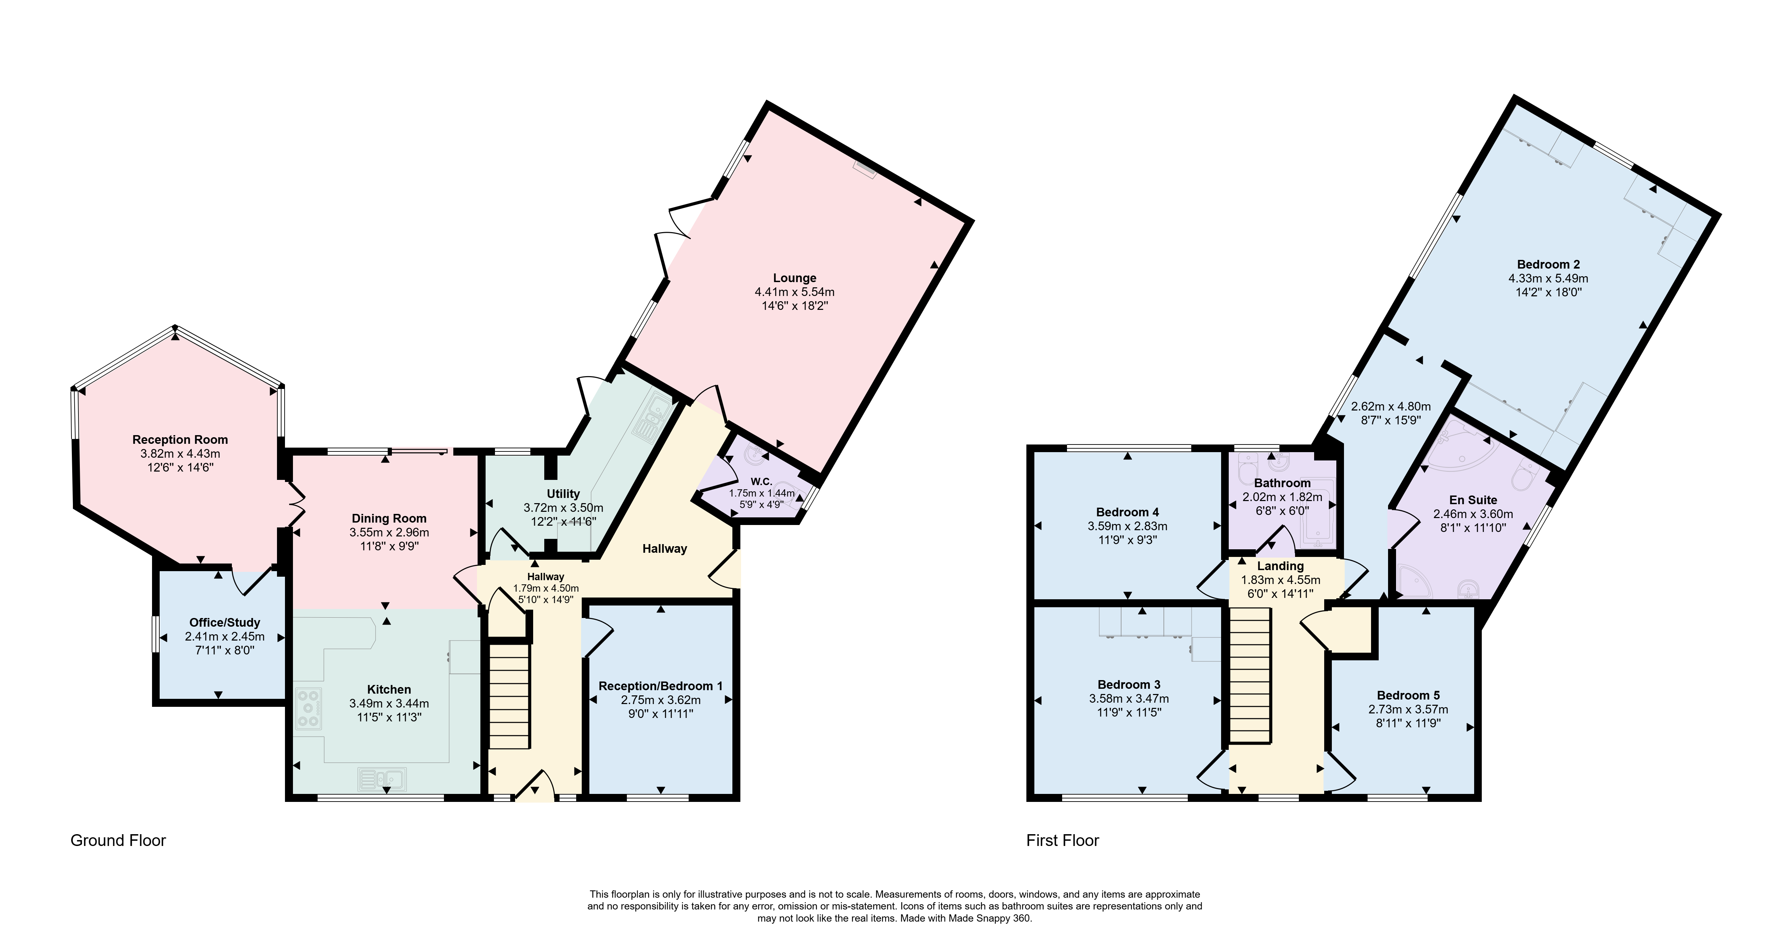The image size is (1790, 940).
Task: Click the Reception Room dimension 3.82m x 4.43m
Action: pyautogui.click(x=180, y=454)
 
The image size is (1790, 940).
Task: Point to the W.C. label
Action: pyautogui.click(x=761, y=482)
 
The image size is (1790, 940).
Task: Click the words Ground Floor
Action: pyautogui.click(x=118, y=841)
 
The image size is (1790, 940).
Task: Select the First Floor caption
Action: pyautogui.click(x=1062, y=841)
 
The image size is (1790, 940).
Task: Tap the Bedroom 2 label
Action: pyautogui.click(x=1548, y=264)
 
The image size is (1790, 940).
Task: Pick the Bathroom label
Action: pyautogui.click(x=1282, y=483)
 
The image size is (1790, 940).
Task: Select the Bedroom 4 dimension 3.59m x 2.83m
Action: pyautogui.click(x=1127, y=526)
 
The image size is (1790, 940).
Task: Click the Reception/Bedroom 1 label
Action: pyautogui.click(x=660, y=686)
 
